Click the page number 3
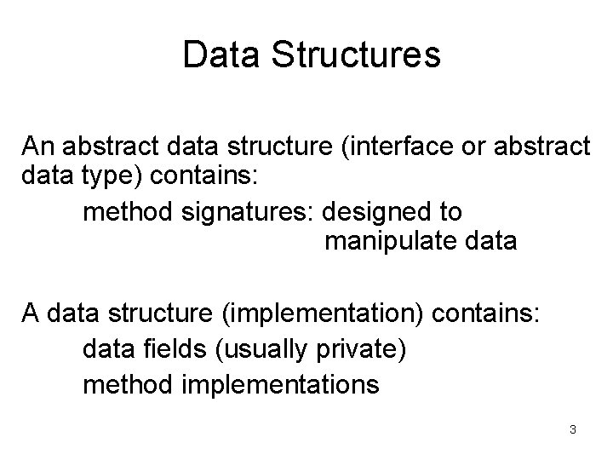pos(573,429)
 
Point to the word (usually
pos(262,350)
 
